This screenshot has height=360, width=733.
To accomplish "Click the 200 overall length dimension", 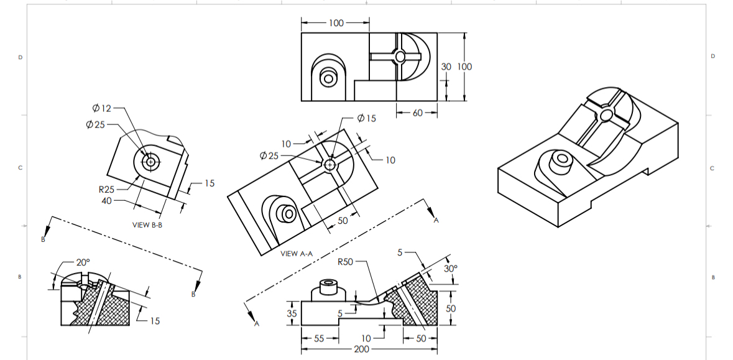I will tap(361, 349).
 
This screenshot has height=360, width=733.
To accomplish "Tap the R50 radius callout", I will tap(345, 262).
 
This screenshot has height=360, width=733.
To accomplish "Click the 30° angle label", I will tap(451, 269).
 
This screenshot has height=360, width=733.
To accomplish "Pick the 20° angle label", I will tap(83, 262).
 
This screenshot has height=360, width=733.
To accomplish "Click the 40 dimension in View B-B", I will tap(108, 201).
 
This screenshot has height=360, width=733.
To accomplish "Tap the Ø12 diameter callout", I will tap(101, 108).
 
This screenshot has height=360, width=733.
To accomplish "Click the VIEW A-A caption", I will tap(297, 253).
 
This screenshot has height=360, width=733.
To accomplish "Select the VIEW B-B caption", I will tap(147, 225).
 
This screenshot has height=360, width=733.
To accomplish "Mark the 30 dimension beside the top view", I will tap(446, 67).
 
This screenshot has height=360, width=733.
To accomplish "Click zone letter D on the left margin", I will tap(20, 57).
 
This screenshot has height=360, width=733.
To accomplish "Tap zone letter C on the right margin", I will tap(712, 168).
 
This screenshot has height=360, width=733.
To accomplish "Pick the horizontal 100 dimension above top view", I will tap(336, 23).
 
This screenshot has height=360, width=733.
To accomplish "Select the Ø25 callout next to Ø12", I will tap(96, 124).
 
